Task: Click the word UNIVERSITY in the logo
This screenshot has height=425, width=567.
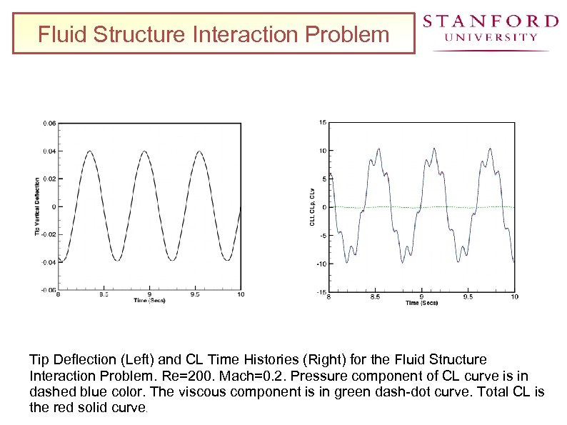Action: [490, 37]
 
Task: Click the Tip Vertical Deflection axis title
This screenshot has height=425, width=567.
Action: [38, 207]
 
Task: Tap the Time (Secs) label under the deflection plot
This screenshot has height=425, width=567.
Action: [149, 301]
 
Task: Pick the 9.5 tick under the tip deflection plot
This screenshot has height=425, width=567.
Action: [195, 294]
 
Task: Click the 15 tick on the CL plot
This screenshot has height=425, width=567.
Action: [323, 123]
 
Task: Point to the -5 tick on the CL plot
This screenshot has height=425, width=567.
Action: [323, 236]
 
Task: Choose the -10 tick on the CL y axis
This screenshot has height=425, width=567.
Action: [322, 264]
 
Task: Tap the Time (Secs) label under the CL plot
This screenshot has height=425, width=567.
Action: [421, 303]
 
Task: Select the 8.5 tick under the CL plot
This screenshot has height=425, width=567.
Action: [375, 296]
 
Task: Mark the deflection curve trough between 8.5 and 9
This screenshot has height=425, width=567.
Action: [116, 263]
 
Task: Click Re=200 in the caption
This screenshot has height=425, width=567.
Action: [194, 376]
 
